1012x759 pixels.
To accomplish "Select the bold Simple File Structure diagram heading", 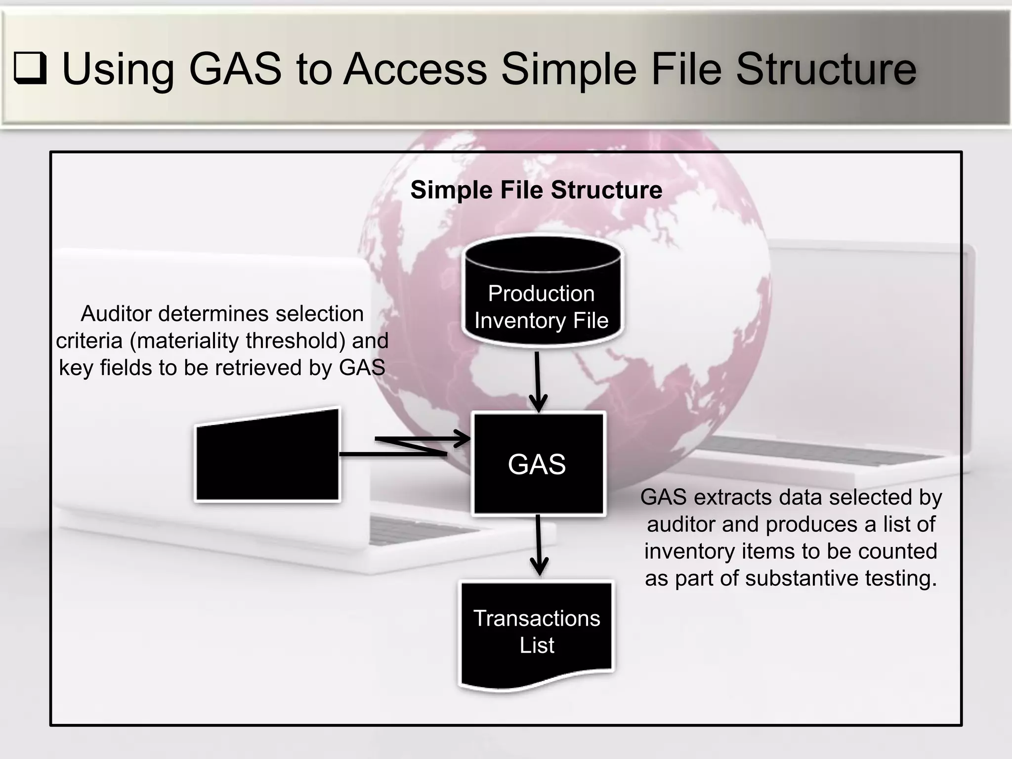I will (536, 190).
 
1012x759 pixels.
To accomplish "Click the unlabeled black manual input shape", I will (267, 457).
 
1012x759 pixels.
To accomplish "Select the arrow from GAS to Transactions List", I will (538, 546).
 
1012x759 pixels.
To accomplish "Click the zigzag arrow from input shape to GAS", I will (410, 445).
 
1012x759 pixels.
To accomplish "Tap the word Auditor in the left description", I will (116, 314).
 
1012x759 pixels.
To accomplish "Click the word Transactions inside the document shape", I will (537, 619).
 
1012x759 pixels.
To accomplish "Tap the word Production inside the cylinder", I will (541, 294).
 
